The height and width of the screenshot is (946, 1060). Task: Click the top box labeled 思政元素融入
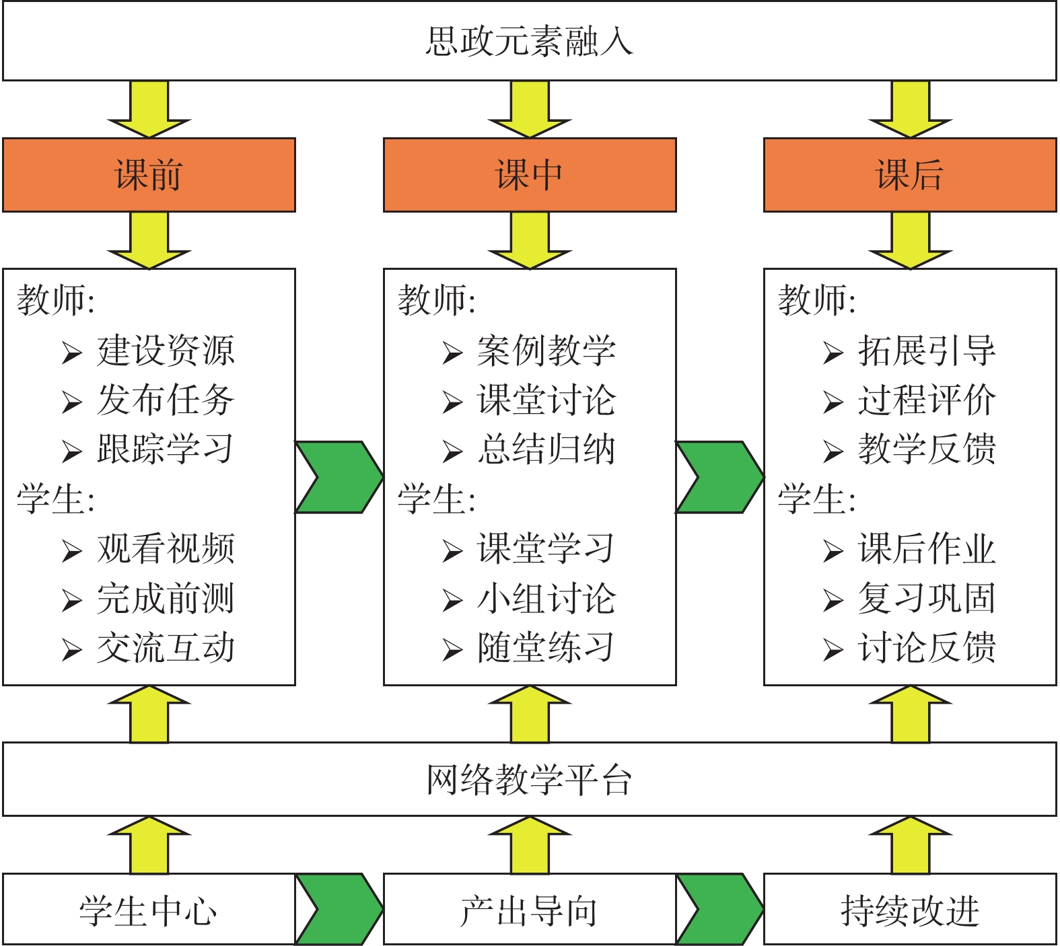coord(530,41)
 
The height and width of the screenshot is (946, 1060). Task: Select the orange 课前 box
coord(149,175)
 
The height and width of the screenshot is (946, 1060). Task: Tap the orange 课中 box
coord(530,175)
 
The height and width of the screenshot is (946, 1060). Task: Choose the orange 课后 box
coord(910,175)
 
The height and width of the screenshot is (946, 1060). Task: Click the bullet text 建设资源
coord(166,351)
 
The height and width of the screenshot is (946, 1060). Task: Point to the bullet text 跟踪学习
coord(166,449)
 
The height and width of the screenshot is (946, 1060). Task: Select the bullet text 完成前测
coord(166,598)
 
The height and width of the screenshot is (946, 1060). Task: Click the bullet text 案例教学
coord(546,351)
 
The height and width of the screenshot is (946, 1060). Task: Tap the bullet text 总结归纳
coord(546,449)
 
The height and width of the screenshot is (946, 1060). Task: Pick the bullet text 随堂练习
coord(546,648)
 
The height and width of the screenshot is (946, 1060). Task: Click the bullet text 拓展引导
coord(927,351)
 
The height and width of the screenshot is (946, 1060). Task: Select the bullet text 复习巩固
coord(927,598)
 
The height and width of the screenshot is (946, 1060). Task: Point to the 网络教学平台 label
coord(530,780)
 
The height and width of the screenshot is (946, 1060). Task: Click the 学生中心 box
coord(149,910)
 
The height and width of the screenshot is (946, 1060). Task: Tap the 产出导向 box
coord(530,910)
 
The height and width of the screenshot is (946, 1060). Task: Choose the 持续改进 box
coord(910,910)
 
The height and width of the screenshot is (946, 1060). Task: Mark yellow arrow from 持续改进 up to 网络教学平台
coord(910,846)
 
